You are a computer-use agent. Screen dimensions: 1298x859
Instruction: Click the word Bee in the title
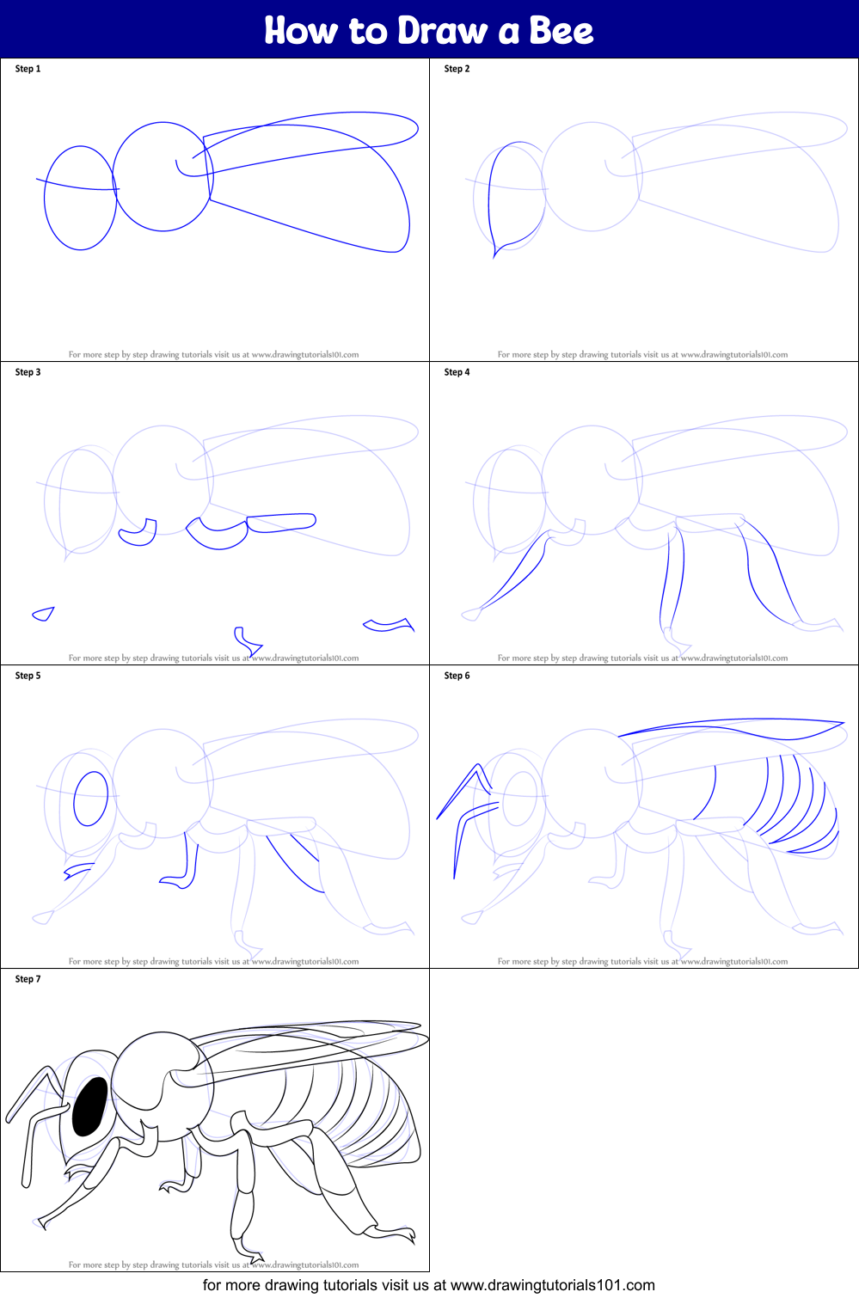tap(561, 31)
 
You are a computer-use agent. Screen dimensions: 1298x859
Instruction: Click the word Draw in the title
tap(442, 31)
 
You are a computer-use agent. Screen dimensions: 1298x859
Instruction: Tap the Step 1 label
tap(28, 69)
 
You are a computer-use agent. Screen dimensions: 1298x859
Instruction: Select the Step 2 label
tap(457, 69)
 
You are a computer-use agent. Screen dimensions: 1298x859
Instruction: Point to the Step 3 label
tap(28, 372)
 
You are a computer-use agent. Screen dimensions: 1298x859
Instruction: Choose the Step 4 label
tap(457, 372)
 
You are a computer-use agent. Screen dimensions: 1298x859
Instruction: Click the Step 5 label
tap(28, 676)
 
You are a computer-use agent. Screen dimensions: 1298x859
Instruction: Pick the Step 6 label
tap(457, 676)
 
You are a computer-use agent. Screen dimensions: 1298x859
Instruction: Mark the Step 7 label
tap(28, 979)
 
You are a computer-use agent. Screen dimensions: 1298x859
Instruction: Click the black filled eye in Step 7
tap(89, 1107)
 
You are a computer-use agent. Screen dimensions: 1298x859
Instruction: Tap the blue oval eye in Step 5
tap(91, 799)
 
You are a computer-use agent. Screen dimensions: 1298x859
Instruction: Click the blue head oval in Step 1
tap(80, 199)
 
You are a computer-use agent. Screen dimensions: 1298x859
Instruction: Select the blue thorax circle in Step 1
tap(163, 177)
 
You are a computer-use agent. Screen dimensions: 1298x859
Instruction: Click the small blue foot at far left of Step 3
tap(43, 614)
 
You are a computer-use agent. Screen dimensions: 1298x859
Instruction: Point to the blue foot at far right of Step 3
tap(389, 625)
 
